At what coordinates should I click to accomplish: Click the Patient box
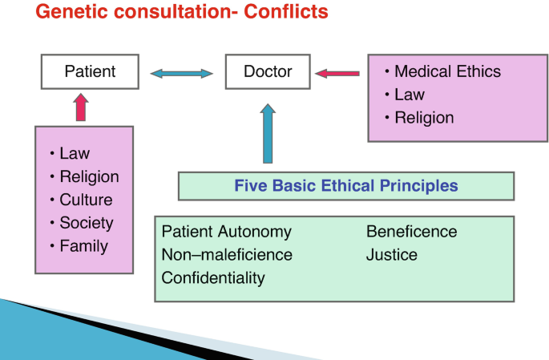90,71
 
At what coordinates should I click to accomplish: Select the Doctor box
268,71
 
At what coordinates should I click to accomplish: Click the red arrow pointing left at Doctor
337,74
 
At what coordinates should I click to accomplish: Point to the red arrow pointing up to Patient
80,107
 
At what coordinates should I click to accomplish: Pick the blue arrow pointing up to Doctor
268,133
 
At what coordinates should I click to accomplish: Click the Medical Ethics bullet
447,71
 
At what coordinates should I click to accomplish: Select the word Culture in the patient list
86,200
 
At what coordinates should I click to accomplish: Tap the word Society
87,223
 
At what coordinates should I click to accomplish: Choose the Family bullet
83,246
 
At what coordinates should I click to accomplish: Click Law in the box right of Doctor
409,95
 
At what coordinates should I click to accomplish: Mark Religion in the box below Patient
89,176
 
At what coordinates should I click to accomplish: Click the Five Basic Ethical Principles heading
345,186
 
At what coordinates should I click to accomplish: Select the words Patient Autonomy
226,232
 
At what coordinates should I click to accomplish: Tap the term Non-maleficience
227,255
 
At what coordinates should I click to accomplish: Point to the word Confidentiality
213,278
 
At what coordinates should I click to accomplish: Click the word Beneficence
411,232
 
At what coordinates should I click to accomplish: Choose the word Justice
392,255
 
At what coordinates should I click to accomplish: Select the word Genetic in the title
68,13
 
